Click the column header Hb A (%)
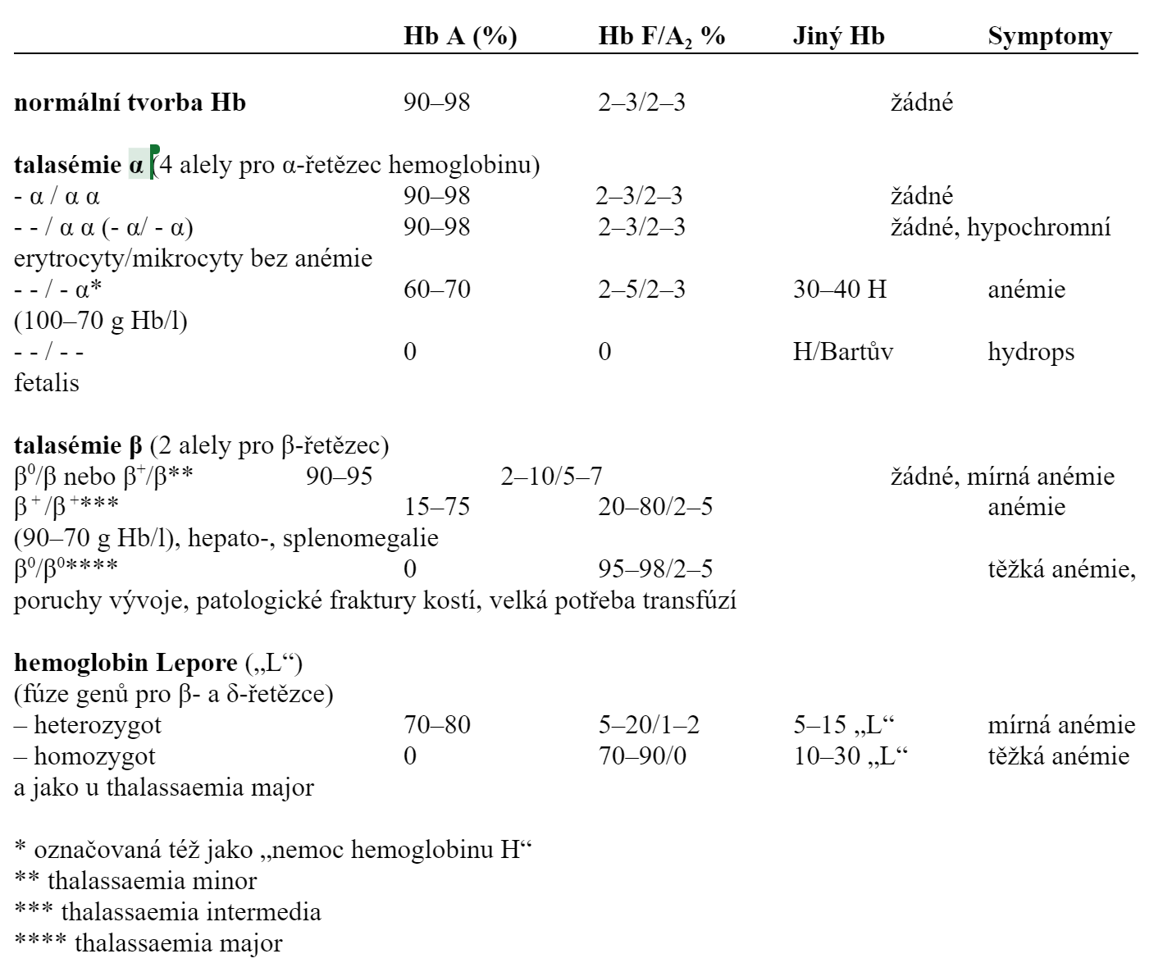click(x=460, y=36)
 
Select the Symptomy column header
click(x=1050, y=36)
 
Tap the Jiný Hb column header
click(x=838, y=36)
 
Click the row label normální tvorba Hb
click(x=130, y=103)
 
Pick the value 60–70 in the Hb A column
click(x=436, y=289)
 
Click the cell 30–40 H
click(x=840, y=289)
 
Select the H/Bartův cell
click(x=843, y=351)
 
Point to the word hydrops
click(x=1031, y=351)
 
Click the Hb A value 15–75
click(x=436, y=506)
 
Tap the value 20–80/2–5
click(x=655, y=506)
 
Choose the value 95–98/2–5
click(x=655, y=568)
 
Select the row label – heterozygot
click(x=88, y=724)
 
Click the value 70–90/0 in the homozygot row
click(x=642, y=755)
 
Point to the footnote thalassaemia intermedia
click(x=191, y=911)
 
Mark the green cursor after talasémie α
click(x=154, y=162)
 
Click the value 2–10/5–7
click(x=551, y=476)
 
